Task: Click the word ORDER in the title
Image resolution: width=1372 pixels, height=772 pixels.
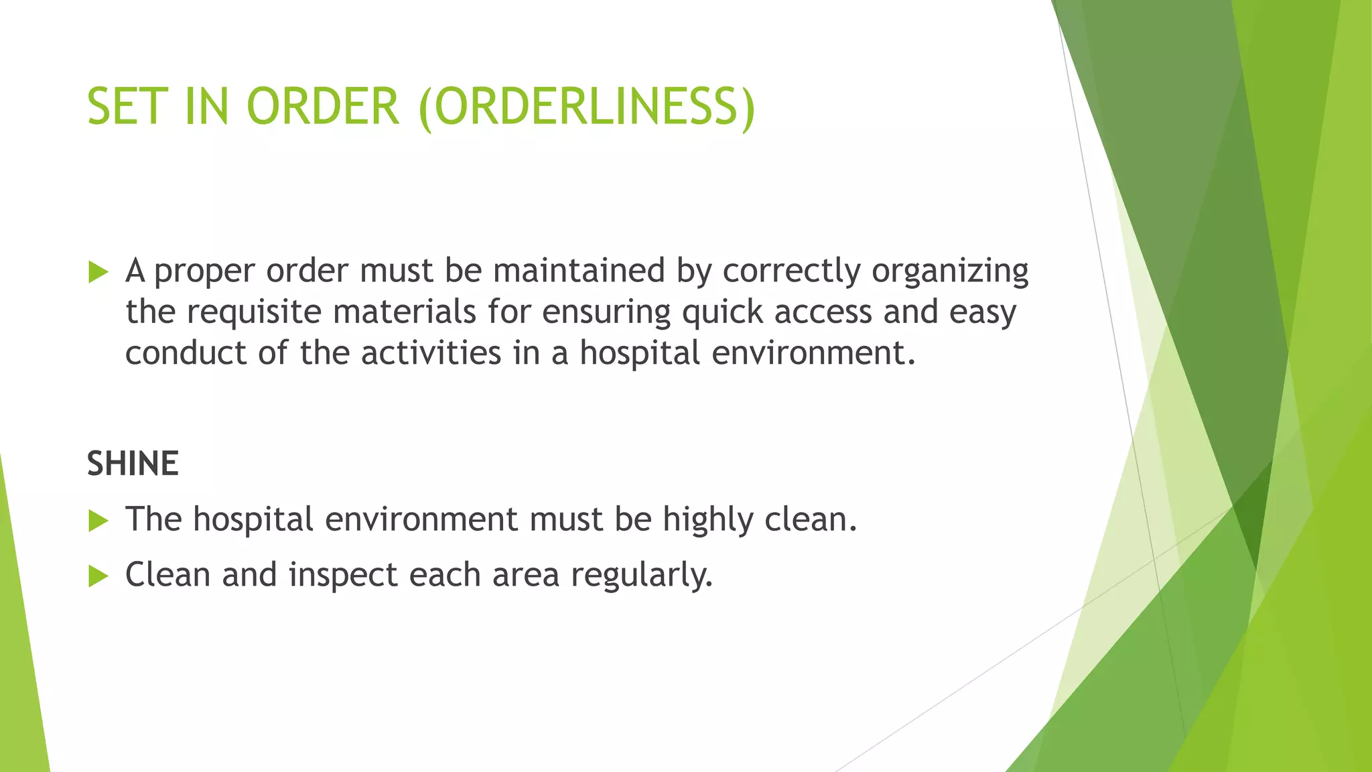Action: [x=323, y=107]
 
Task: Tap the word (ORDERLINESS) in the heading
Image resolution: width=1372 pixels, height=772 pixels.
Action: [x=587, y=107]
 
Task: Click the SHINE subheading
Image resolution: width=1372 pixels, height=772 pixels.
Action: [x=133, y=464]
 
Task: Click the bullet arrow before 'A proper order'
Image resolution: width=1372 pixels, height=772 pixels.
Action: [x=98, y=272]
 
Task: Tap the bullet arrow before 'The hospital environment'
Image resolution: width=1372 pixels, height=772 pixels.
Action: [x=98, y=521]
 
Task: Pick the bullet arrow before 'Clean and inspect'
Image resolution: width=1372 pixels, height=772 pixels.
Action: [x=98, y=576]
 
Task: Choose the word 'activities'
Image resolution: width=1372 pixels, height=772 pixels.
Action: [x=431, y=353]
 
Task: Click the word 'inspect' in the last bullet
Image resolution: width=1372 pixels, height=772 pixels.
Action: [x=343, y=576]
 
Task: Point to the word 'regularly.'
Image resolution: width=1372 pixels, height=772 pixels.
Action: [x=642, y=576]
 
